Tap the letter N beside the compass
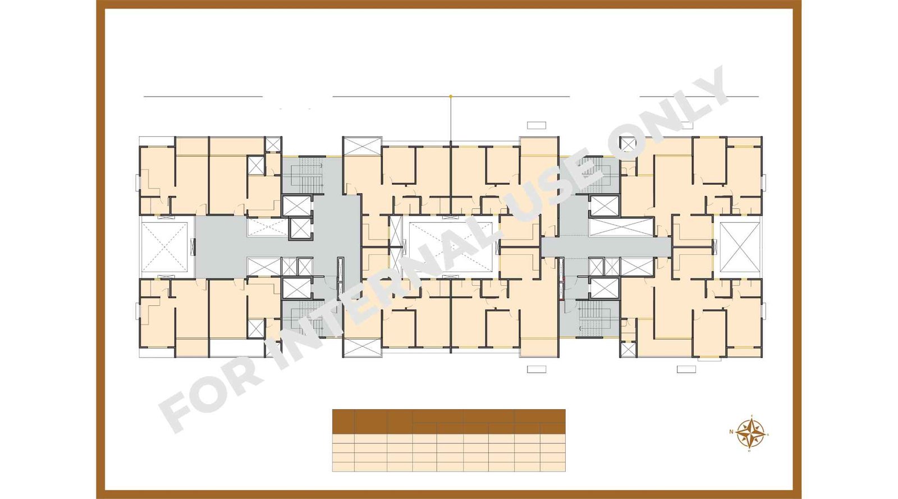(731, 432)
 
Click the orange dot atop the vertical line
(451, 97)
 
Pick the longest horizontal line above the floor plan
(451, 97)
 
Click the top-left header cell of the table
(343, 422)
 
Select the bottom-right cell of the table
(552, 467)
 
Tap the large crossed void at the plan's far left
(164, 247)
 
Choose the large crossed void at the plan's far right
(739, 247)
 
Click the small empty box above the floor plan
(536, 125)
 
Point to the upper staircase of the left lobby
(303, 174)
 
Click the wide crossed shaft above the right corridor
(621, 227)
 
